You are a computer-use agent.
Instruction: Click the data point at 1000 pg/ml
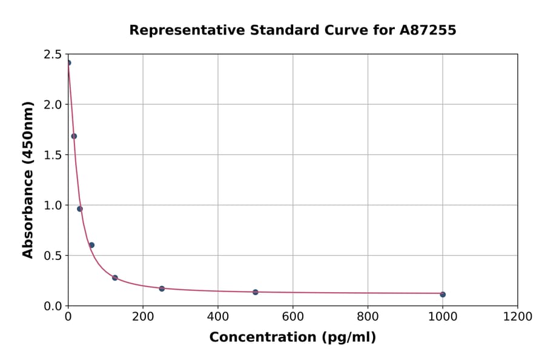(443, 295)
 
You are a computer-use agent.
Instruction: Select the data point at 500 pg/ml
(256, 292)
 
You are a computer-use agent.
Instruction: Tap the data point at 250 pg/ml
(162, 288)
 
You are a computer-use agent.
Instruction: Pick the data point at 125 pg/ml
(115, 278)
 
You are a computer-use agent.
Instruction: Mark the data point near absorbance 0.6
(91, 245)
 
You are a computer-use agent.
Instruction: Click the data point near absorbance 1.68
(74, 136)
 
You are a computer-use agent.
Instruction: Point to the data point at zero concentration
(68, 63)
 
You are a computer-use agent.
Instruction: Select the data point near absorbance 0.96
(80, 209)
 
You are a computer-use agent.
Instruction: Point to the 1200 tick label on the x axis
(518, 316)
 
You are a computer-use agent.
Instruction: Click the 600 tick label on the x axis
(292, 316)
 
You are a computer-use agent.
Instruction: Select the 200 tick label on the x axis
(143, 316)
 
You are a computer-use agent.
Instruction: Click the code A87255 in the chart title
(428, 30)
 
